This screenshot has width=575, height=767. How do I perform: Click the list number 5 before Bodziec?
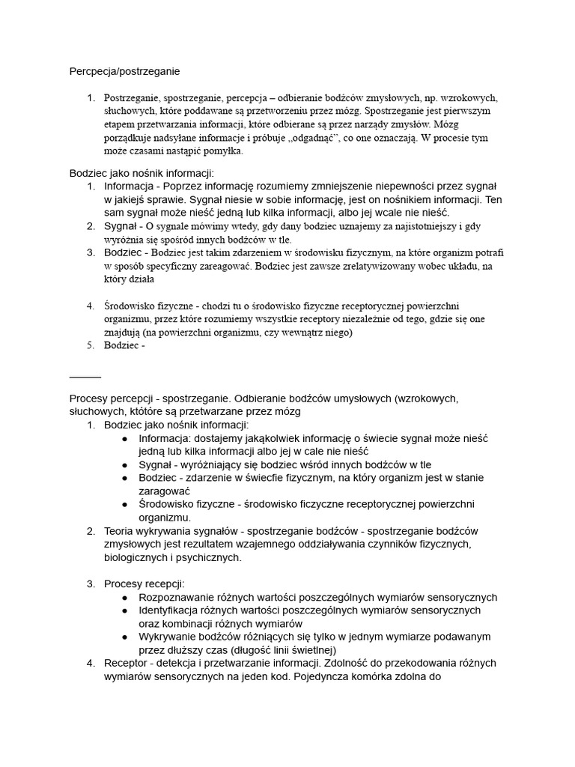click(91, 345)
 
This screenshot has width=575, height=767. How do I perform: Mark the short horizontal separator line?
click(85, 376)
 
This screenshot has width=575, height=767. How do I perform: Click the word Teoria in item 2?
click(120, 531)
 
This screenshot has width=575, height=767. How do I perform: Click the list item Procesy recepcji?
click(144, 583)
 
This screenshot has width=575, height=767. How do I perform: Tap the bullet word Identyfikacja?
click(171, 610)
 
